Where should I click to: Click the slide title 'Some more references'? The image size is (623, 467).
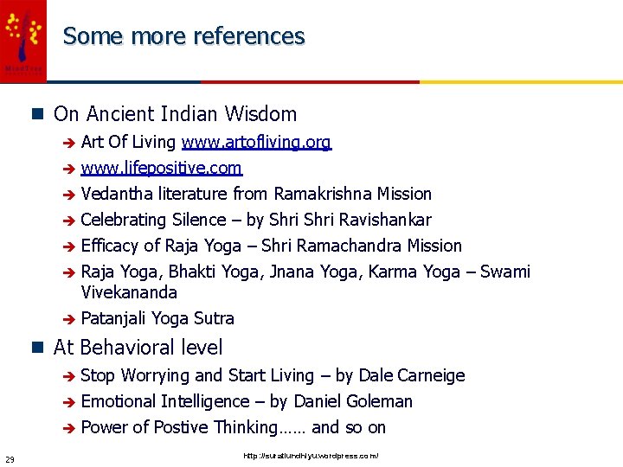tap(183, 36)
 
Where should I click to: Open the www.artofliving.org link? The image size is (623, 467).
tap(256, 142)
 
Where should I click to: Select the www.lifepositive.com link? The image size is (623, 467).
tap(161, 168)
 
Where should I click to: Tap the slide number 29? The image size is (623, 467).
tap(9, 458)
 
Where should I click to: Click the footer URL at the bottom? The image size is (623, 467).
tap(311, 456)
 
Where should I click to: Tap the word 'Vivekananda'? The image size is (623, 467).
tap(128, 292)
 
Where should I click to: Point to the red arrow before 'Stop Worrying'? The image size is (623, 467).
tap(69, 376)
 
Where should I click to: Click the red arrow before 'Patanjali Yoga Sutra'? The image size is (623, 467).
tap(69, 319)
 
